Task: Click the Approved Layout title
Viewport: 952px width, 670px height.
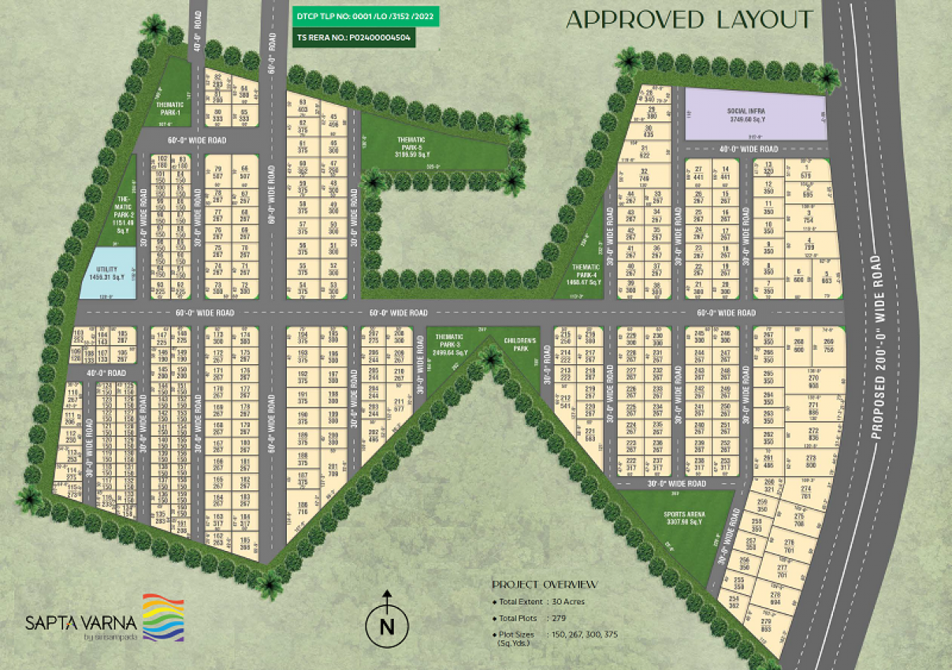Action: click(689, 20)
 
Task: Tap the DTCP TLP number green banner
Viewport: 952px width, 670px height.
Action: click(365, 15)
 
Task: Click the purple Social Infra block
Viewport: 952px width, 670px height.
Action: click(754, 114)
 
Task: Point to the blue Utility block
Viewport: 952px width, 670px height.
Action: click(106, 273)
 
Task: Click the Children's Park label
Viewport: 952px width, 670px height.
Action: click(520, 344)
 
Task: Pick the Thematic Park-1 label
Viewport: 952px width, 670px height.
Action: click(170, 108)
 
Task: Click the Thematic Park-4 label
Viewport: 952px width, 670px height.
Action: click(586, 274)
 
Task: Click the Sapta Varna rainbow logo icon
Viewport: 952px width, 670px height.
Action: click(163, 617)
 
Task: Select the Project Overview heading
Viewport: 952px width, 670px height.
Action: click(545, 584)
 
